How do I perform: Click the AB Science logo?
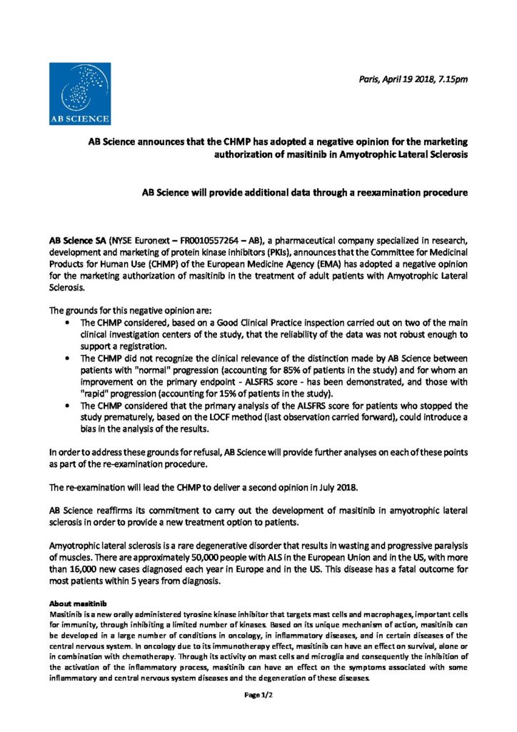[x=79, y=94]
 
